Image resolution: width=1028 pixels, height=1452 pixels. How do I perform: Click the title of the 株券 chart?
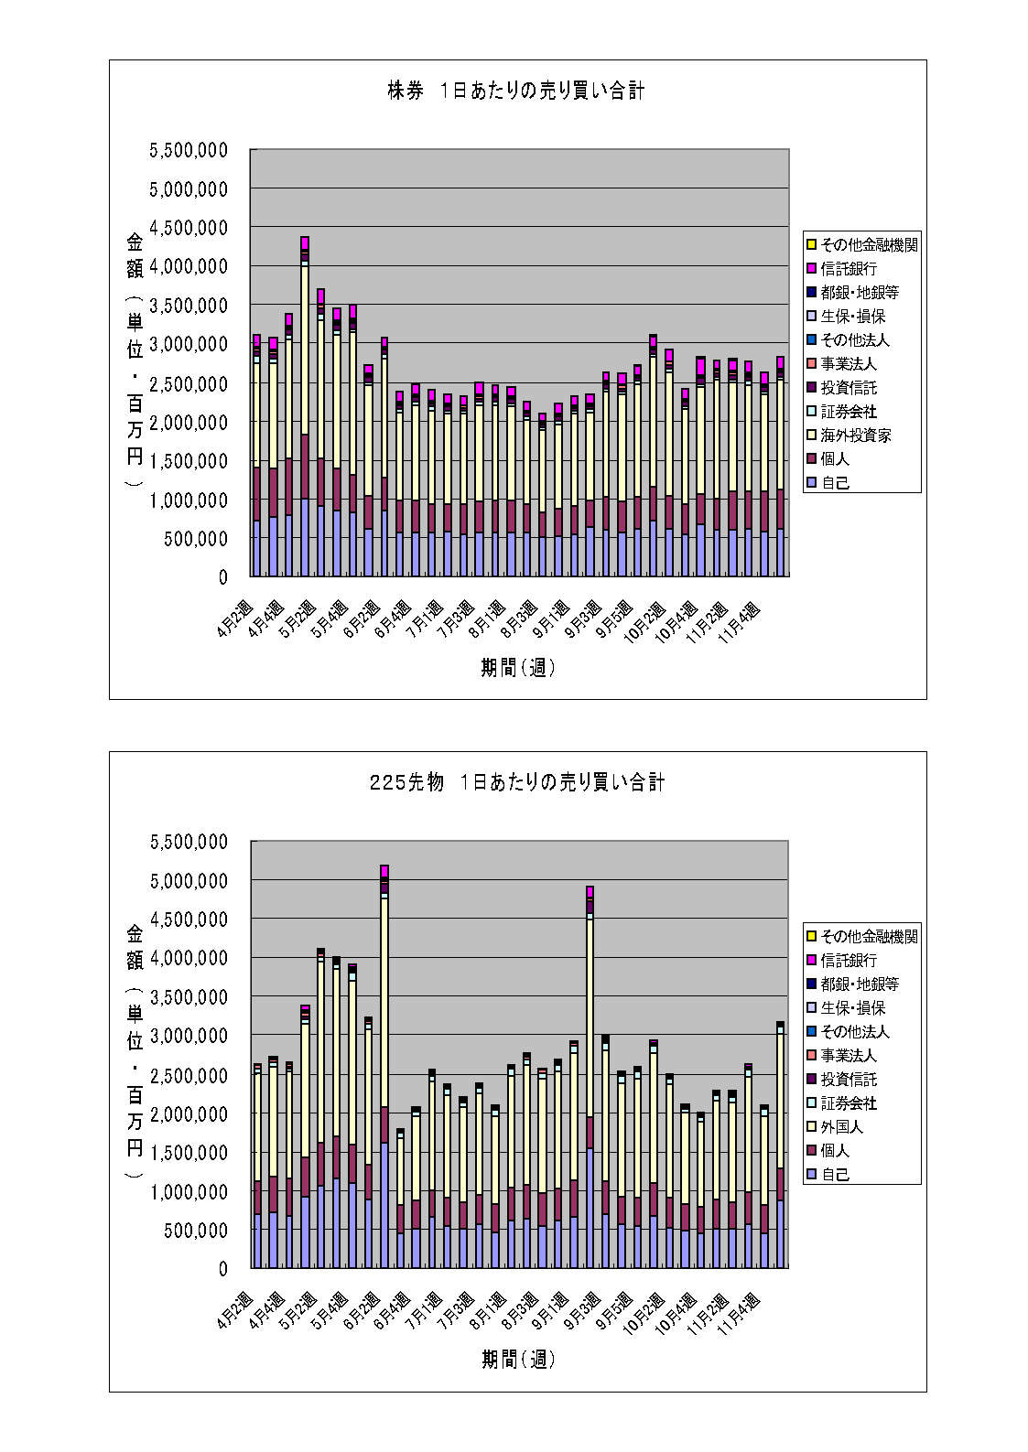click(516, 91)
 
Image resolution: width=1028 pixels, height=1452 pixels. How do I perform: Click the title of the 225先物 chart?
click(517, 782)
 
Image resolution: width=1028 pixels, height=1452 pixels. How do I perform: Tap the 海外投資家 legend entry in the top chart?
click(855, 436)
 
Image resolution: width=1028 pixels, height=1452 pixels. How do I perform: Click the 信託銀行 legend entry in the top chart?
click(849, 269)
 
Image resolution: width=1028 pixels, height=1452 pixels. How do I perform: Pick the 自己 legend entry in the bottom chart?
click(835, 1175)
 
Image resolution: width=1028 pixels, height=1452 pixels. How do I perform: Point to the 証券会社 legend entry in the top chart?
click(849, 412)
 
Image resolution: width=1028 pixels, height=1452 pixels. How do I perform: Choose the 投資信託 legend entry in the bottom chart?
click(849, 1080)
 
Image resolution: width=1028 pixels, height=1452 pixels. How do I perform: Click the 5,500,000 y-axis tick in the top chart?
click(189, 150)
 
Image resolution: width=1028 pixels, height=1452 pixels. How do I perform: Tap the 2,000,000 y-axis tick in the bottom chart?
click(189, 1113)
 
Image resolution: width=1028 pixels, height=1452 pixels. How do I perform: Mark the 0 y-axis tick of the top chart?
click(222, 577)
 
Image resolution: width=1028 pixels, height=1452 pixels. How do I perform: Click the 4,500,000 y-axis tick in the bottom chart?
click(189, 920)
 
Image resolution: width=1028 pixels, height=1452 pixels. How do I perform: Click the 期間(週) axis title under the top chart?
click(518, 668)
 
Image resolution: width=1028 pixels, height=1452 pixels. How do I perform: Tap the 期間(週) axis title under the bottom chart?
click(518, 1360)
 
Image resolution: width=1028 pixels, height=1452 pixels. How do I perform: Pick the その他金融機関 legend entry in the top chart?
click(869, 245)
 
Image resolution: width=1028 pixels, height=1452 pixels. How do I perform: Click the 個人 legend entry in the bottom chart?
click(835, 1151)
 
